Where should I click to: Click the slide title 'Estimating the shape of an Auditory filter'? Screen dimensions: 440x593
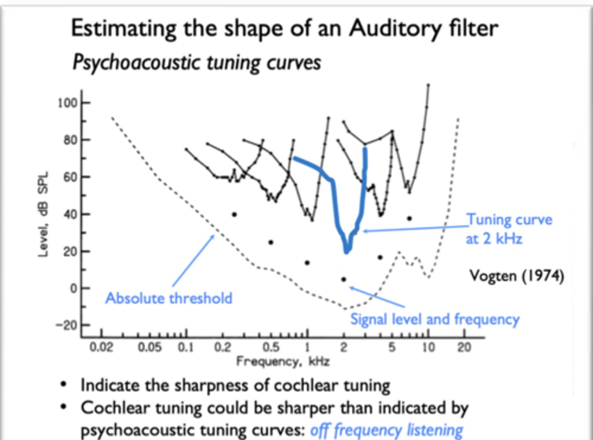[284, 29]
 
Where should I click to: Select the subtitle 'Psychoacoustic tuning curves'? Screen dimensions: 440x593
[196, 63]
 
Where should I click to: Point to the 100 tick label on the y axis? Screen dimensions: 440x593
[68, 103]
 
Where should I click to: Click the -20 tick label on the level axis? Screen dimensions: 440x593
[67, 325]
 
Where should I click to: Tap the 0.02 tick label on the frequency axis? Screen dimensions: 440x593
[101, 347]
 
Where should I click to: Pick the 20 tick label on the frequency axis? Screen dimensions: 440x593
[464, 347]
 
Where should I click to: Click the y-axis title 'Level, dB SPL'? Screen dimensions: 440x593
[43, 214]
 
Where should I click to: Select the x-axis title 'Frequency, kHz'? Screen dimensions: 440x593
[283, 361]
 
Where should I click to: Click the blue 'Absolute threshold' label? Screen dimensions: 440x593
[169, 298]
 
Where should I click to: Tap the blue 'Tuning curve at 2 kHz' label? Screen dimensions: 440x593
[509, 229]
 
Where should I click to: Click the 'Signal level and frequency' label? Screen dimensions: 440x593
[435, 319]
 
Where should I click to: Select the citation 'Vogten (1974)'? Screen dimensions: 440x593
[517, 275]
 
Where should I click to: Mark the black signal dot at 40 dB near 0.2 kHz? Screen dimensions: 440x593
[234, 214]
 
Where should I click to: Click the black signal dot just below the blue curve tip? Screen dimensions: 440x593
[344, 279]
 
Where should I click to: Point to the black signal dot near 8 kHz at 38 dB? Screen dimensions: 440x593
[409, 218]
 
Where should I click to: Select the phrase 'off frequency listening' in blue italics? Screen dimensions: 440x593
[387, 430]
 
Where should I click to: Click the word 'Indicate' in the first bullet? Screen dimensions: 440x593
[110, 386]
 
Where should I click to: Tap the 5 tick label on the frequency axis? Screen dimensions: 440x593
[392, 347]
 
